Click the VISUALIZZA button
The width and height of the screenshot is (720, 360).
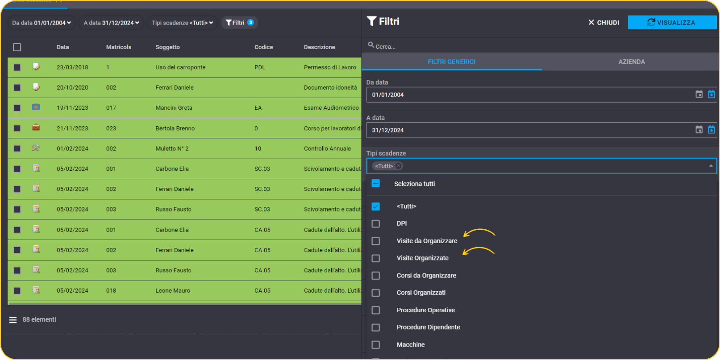(672, 22)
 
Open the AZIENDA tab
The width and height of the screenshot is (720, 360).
(631, 62)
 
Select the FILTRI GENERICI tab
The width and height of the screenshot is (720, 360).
(451, 62)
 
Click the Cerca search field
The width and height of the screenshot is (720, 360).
(540, 46)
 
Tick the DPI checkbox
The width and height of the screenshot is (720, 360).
(375, 223)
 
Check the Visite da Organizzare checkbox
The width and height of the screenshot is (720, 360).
(375, 241)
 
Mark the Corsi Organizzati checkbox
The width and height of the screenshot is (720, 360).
(375, 293)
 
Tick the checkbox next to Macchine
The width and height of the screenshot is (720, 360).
(375, 344)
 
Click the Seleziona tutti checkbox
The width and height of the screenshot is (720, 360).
(375, 183)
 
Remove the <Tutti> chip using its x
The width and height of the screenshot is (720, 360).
(399, 166)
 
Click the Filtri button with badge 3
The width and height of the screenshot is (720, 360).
(240, 22)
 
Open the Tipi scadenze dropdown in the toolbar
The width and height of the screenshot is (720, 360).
(182, 23)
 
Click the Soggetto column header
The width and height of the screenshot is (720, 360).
(167, 47)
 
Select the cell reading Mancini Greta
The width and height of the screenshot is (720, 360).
(174, 108)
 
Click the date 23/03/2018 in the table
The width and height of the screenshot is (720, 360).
(72, 67)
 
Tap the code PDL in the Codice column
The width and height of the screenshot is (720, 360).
(260, 67)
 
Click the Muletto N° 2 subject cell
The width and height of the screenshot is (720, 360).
(172, 149)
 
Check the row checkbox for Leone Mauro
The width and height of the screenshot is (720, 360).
(17, 291)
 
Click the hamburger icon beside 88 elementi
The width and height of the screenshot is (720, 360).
(13, 320)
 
